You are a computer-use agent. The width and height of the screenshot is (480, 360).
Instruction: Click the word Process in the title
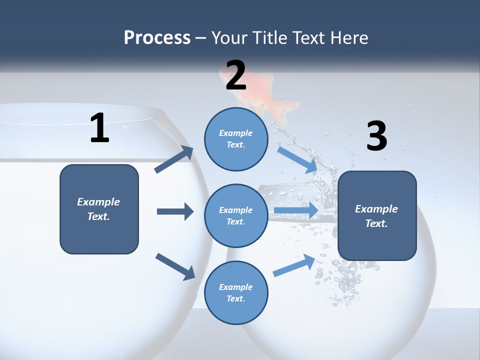coord(157,38)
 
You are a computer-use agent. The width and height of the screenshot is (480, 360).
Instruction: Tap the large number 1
coord(99,128)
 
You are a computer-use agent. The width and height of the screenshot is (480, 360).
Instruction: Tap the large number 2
coord(236,75)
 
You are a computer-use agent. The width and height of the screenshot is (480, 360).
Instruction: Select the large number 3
coord(376,136)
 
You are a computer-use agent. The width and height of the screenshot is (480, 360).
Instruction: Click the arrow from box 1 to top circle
coord(174,159)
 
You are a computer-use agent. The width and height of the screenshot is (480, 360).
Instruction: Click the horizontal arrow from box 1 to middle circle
coord(175,211)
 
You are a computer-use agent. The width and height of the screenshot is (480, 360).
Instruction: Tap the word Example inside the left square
coord(98,202)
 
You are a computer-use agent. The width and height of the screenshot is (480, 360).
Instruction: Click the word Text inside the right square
coord(376,223)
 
